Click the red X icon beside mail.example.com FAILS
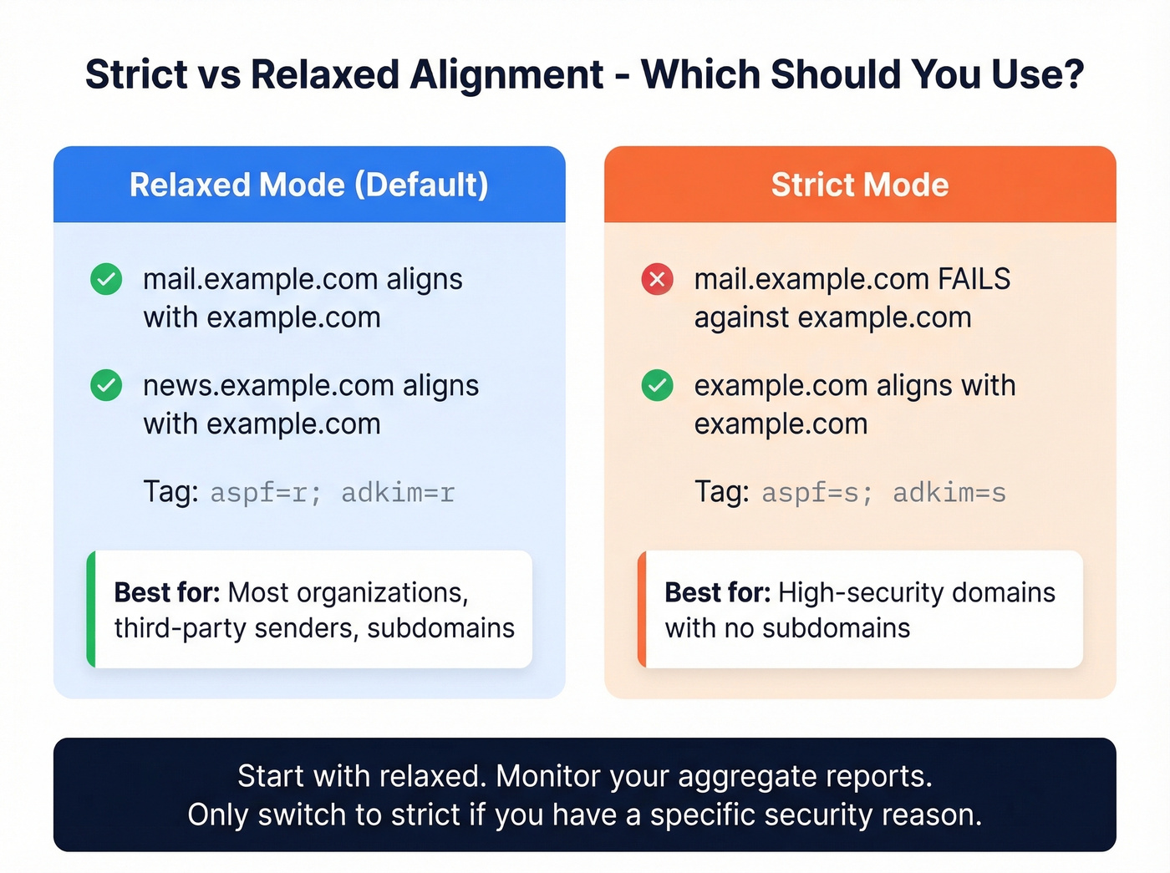657,279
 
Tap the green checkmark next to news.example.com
106,385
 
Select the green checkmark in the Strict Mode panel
657,385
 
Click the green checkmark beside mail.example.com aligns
106,279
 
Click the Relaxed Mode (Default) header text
308,185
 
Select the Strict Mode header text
859,185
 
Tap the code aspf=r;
265,493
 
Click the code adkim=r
398,493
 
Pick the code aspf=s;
816,493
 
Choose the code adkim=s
949,493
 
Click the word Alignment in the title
506,74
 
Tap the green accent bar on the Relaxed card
91,609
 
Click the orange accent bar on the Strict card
642,609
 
